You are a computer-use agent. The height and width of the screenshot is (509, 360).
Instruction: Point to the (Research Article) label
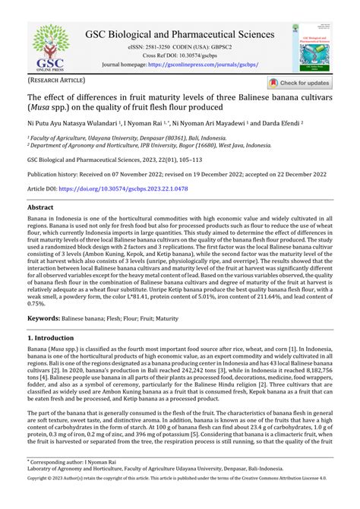[57, 80]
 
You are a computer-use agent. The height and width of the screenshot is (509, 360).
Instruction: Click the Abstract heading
[40, 207]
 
